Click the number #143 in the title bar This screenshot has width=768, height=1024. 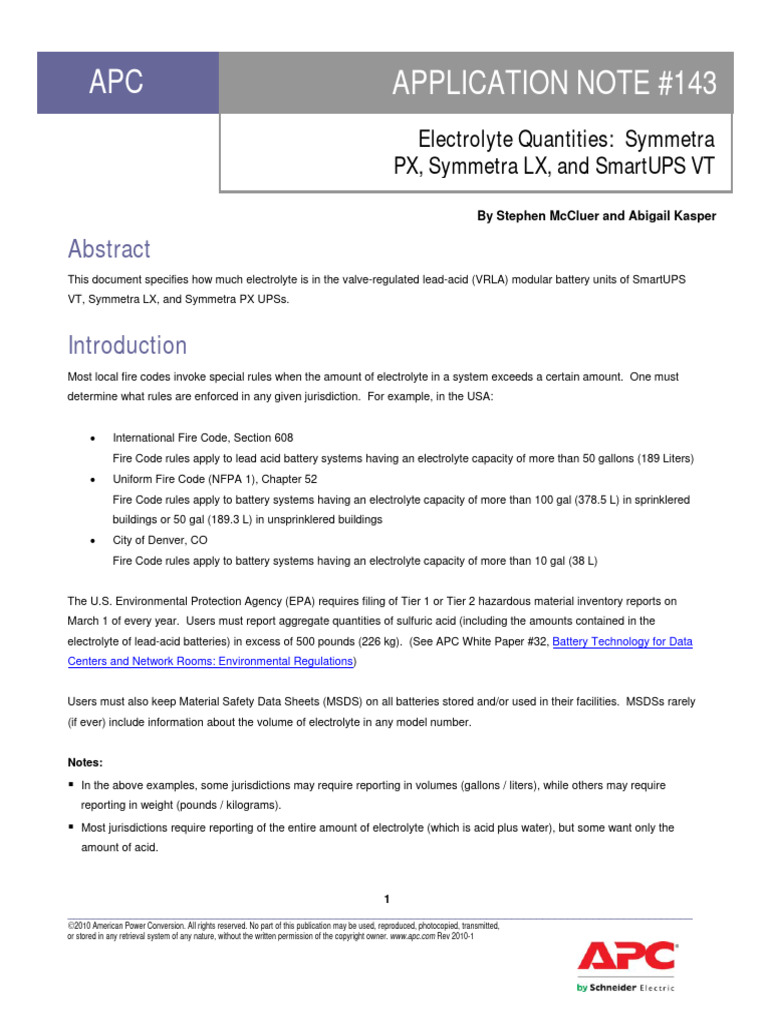684,85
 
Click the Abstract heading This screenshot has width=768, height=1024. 109,249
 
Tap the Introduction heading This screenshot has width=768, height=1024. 127,345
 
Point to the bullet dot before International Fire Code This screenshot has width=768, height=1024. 92,439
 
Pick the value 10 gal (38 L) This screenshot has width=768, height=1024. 553,561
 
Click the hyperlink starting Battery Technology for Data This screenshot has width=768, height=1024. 622,642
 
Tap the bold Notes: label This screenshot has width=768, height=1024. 85,763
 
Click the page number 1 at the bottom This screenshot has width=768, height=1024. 386,899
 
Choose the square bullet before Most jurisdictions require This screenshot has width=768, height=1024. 72,828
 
